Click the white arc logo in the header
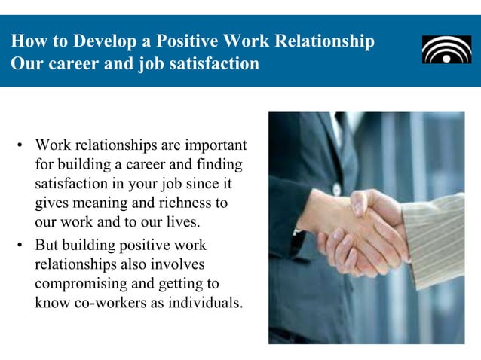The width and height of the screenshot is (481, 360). [x=446, y=50]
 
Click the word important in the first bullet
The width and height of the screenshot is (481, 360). [x=213, y=144]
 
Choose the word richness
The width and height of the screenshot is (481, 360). [x=182, y=203]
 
